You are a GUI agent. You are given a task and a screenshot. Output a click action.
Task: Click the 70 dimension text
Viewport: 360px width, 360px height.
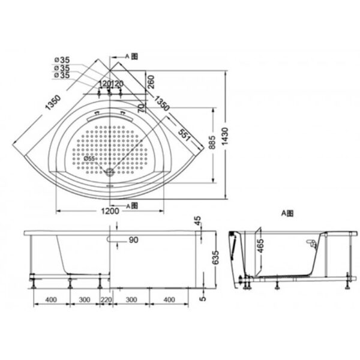point(140,108)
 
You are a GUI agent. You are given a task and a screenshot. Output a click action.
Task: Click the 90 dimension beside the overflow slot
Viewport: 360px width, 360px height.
point(133,240)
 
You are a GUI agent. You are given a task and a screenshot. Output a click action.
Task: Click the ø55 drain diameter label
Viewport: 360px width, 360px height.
point(89,159)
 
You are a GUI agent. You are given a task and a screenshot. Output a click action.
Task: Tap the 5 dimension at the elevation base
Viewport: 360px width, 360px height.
point(203,295)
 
